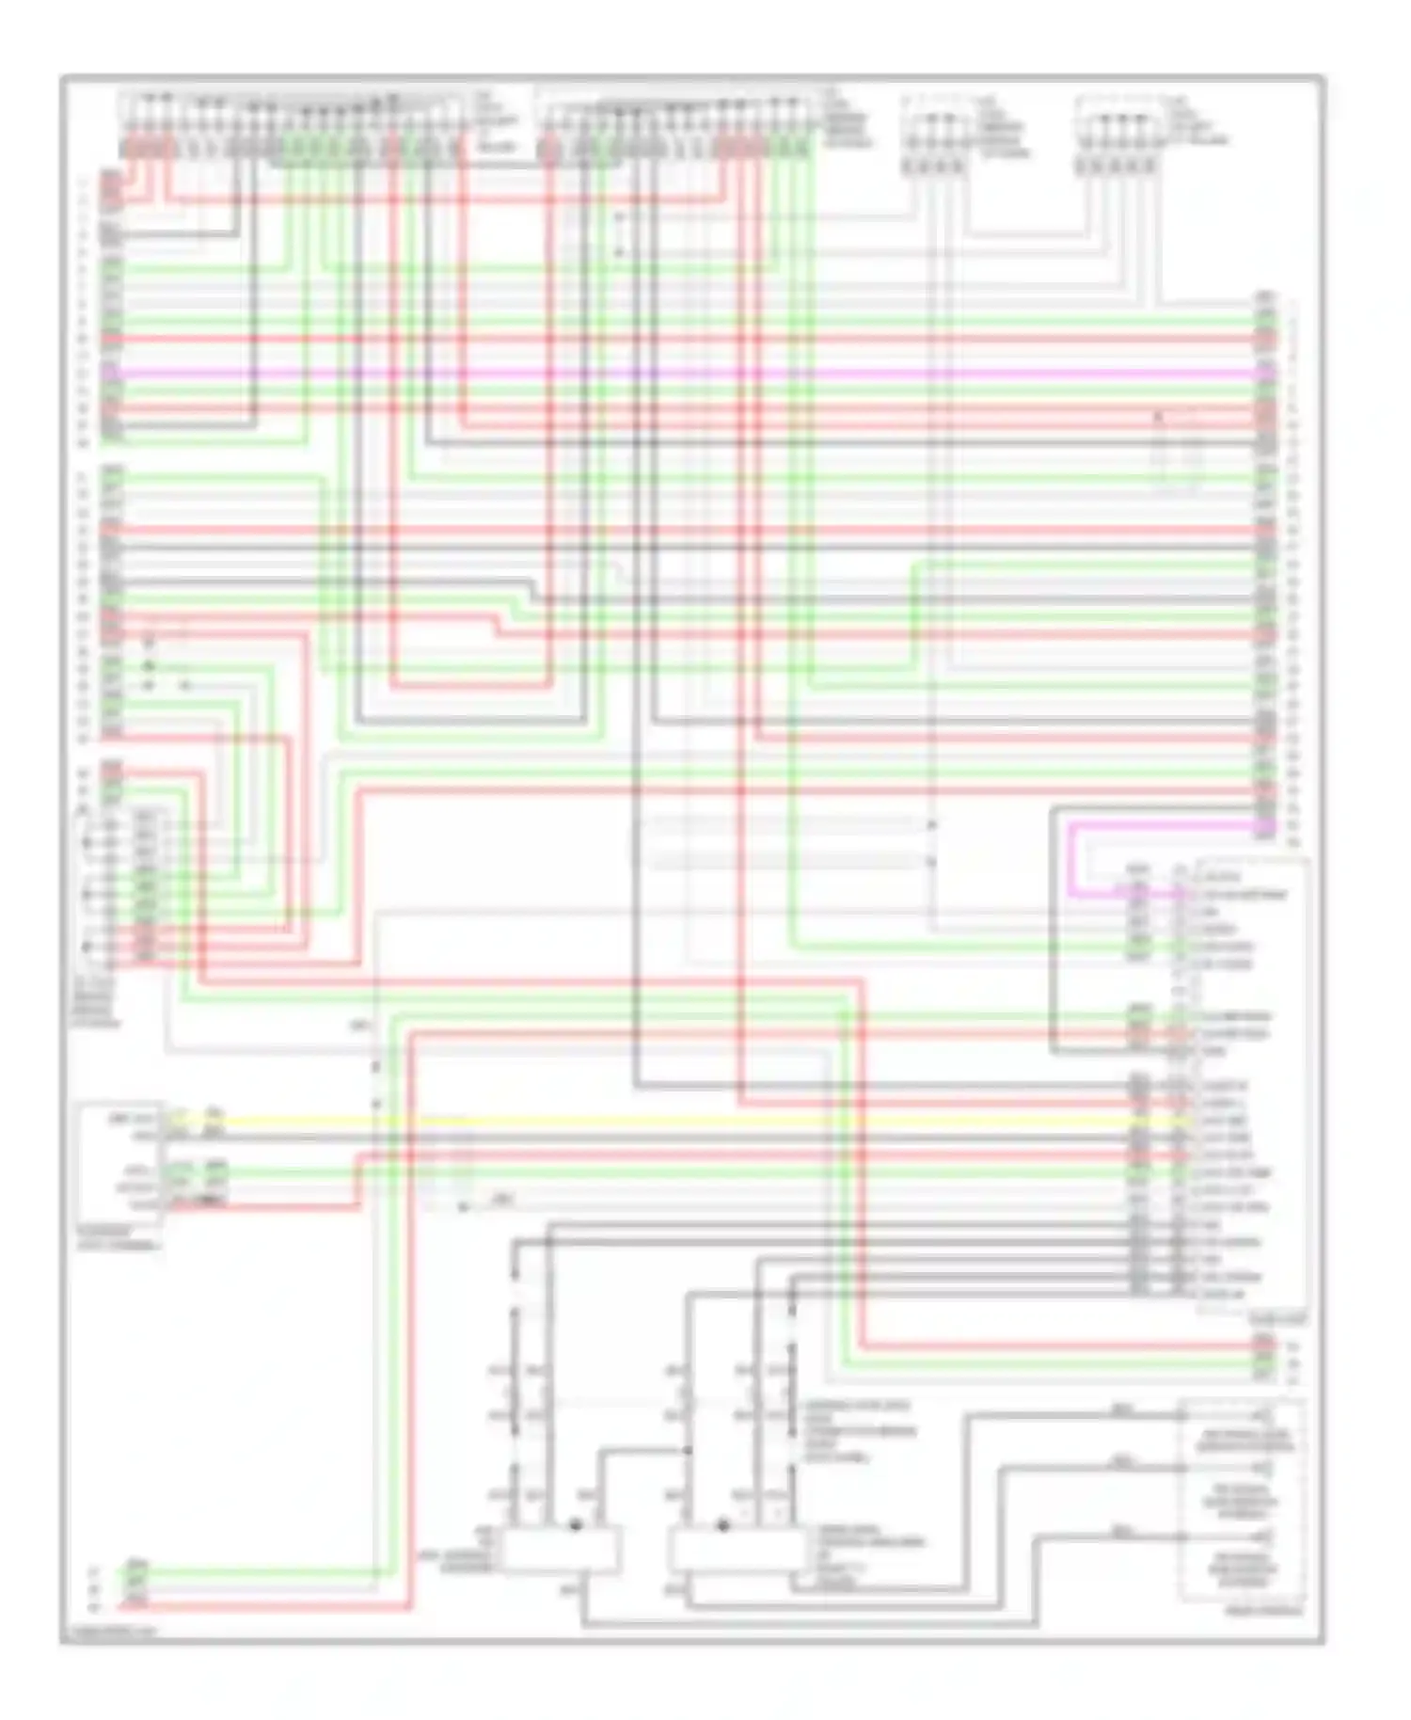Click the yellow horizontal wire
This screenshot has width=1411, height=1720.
click(x=658, y=1122)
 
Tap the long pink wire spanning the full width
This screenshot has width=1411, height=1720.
click(x=658, y=374)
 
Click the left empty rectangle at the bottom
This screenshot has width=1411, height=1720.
click(x=561, y=1550)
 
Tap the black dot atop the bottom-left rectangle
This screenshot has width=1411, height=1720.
click(x=576, y=1523)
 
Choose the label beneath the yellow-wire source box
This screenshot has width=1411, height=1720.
click(x=118, y=1238)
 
